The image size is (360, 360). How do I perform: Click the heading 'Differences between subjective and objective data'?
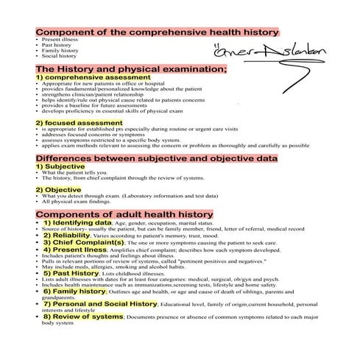pyautogui.click(x=157, y=158)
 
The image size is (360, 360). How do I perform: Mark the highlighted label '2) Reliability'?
pyautogui.click(x=68, y=236)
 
